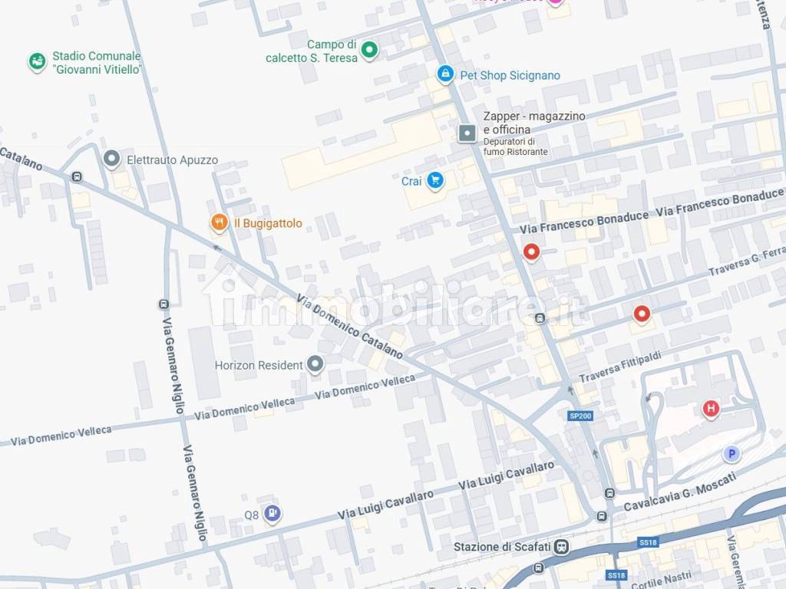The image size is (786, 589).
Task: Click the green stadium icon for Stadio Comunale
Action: point(37,61)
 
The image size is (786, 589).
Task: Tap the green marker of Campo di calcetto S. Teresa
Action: point(369,51)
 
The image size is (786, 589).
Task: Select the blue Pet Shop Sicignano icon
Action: point(444,74)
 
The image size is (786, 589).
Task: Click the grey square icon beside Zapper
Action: point(467,133)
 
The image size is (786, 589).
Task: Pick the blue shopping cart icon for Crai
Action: point(435,181)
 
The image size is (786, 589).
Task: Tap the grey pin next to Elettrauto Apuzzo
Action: point(111,160)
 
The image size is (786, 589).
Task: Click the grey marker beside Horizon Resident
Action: point(315,364)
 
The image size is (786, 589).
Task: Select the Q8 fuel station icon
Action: point(272,514)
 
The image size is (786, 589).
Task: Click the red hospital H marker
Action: point(711,409)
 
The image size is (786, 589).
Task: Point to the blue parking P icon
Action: point(732,454)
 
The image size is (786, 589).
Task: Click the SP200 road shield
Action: point(580,416)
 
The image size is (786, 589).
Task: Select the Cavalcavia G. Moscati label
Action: point(680,492)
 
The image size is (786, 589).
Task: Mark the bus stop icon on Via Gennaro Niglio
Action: point(163,304)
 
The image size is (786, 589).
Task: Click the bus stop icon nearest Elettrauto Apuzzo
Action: point(77,176)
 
